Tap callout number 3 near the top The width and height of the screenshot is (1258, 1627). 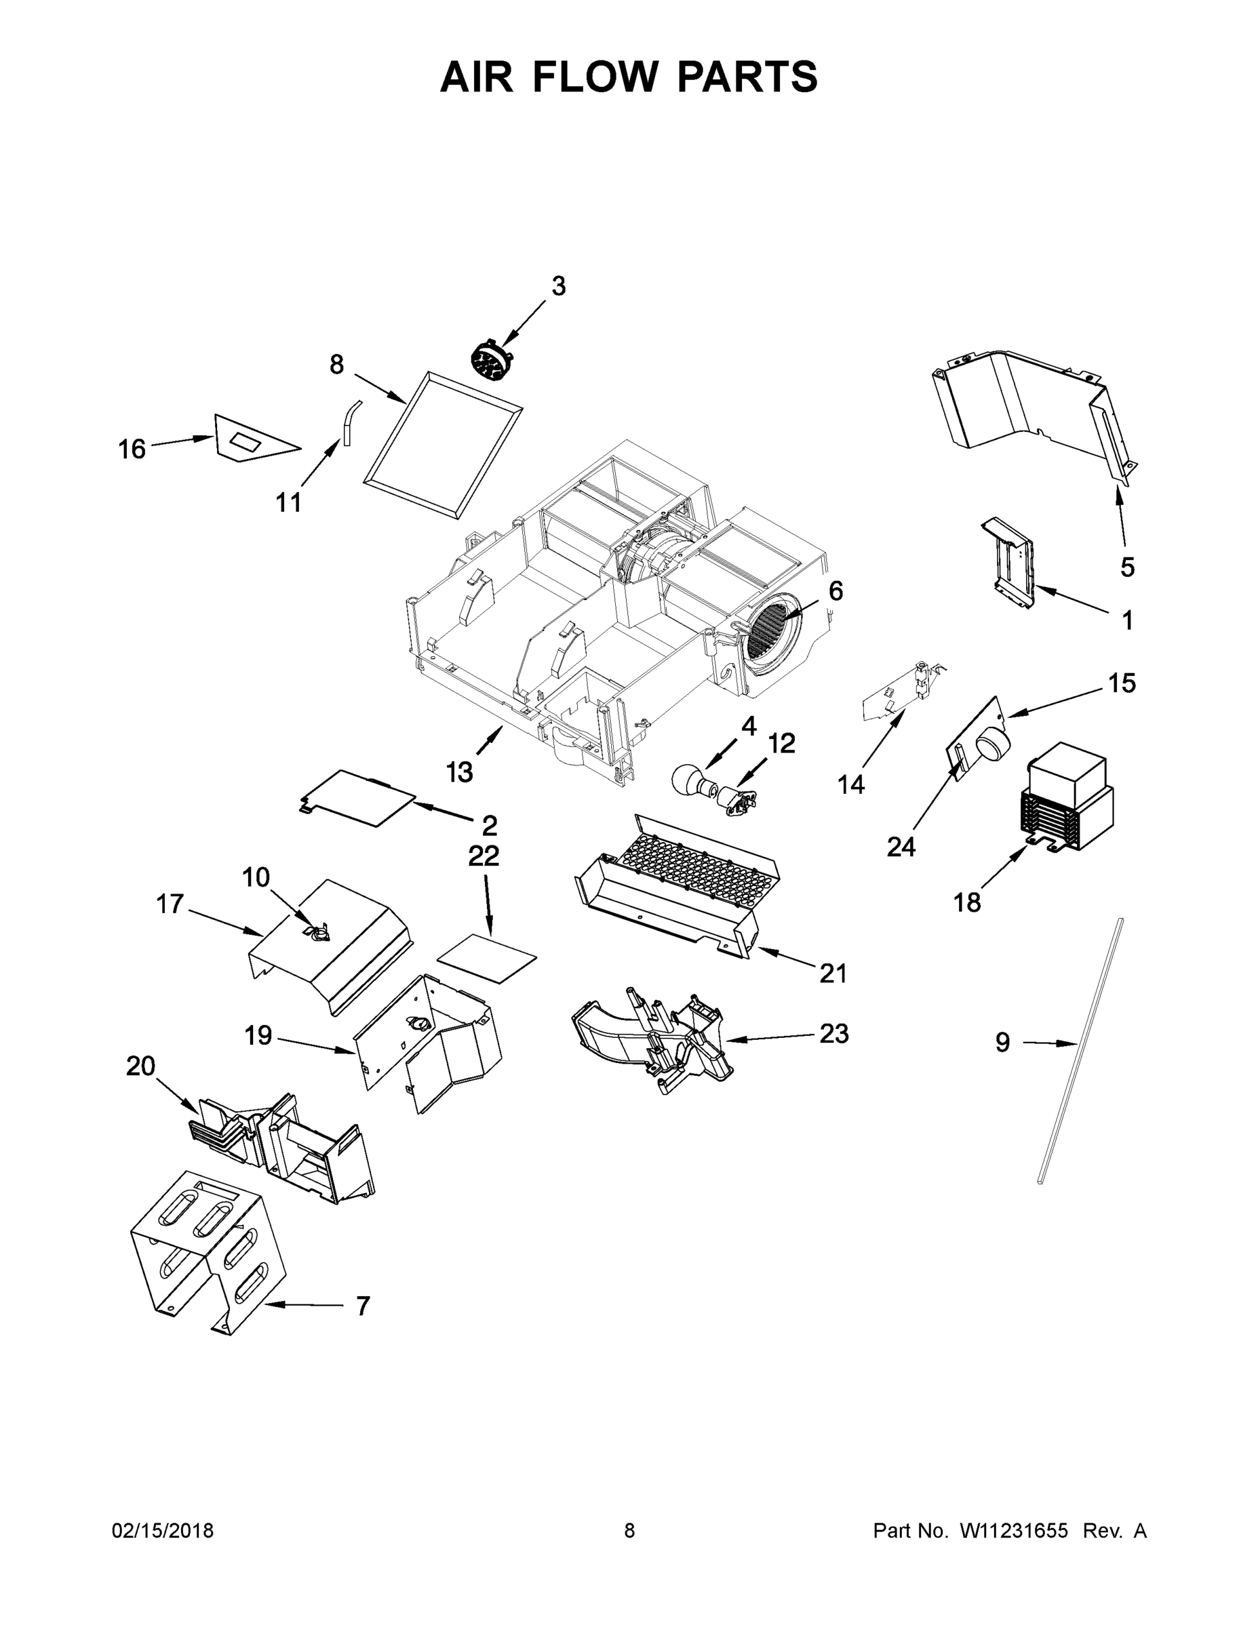pos(558,286)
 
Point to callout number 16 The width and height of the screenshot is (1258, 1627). pos(132,449)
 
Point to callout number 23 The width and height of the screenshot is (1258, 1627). pos(833,1034)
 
